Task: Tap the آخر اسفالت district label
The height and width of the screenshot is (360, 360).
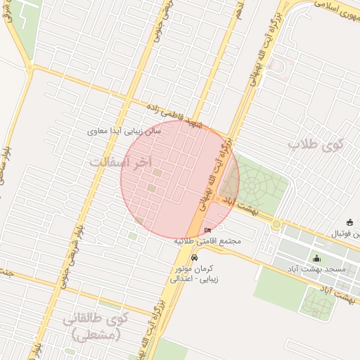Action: point(121,162)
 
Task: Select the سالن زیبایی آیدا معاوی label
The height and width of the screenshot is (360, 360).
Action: point(124,131)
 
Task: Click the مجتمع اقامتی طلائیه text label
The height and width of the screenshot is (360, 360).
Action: point(207,240)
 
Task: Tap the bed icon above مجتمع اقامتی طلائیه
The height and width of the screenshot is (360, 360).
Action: point(207,231)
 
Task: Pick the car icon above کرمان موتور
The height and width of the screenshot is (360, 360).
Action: point(195,257)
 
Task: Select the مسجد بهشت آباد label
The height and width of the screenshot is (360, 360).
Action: point(316,269)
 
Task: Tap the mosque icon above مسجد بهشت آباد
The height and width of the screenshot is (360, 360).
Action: point(316,258)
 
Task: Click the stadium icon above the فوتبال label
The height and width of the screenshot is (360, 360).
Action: point(349,222)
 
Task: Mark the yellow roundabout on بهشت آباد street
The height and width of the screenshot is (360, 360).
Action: point(276,225)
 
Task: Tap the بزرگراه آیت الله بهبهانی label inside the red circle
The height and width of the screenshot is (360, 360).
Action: point(214,176)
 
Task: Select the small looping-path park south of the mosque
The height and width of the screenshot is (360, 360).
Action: point(318,303)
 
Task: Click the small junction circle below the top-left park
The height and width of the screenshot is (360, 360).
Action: point(31,67)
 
